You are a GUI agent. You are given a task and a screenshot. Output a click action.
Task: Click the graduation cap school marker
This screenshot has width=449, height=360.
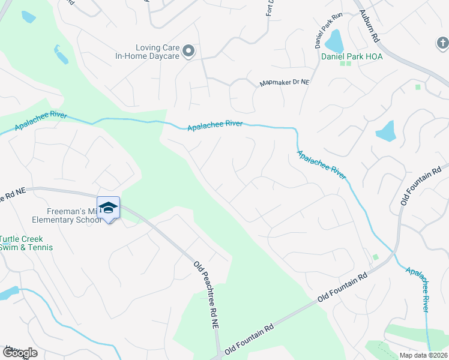108,208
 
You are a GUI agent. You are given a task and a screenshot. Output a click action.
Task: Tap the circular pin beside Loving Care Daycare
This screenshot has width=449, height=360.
188,52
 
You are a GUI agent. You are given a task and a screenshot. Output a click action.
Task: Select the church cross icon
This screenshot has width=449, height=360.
441,43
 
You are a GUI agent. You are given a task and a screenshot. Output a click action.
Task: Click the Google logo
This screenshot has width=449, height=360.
19,353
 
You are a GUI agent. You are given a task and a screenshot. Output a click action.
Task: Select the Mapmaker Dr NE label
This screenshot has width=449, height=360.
284,83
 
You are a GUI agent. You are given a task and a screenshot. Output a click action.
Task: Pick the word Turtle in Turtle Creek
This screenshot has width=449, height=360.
13,239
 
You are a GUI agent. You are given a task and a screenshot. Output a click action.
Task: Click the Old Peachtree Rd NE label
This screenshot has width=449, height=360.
206,294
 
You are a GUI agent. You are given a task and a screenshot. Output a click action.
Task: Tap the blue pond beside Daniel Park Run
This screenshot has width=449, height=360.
333,41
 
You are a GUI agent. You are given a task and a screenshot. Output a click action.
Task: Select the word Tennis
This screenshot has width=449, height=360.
40,247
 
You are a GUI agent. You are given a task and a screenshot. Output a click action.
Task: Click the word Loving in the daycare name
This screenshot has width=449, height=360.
148,47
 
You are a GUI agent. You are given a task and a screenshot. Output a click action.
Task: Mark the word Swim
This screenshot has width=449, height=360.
11,247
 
